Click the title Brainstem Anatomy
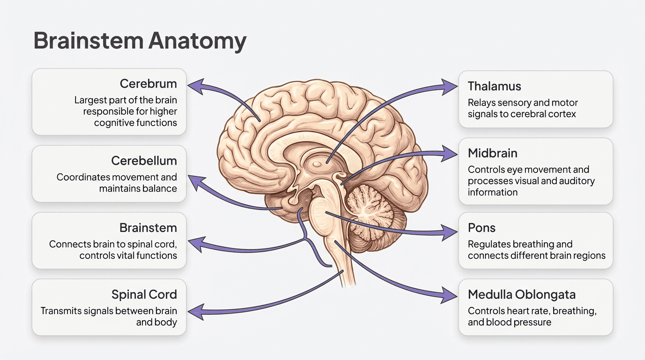point(140,41)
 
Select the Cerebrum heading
point(148,84)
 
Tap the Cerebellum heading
point(144,161)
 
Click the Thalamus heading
point(495,86)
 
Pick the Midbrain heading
point(493,153)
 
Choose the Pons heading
point(482,228)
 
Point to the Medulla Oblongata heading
point(522,295)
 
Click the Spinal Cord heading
point(144,295)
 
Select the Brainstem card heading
point(148,228)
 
